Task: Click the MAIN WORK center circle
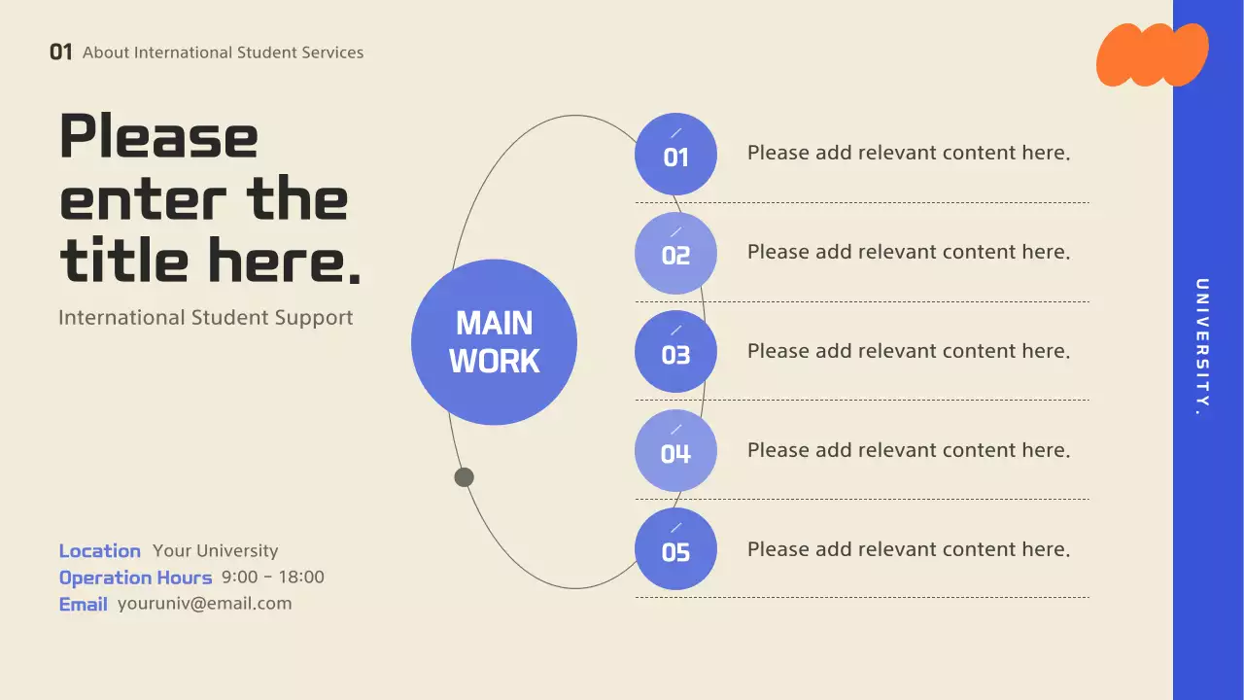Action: coord(494,342)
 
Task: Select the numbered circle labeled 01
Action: coord(675,154)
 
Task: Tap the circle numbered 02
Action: coord(675,253)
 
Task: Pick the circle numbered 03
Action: coord(675,352)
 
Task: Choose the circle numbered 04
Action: coord(675,451)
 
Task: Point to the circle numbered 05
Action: coord(675,549)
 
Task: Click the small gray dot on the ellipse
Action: coord(465,477)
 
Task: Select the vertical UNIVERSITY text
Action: coord(1202,347)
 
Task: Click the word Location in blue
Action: coord(100,551)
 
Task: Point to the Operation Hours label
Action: coord(135,577)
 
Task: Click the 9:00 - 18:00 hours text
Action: coord(273,577)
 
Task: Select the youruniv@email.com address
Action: coord(204,604)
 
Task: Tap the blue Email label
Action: coord(84,604)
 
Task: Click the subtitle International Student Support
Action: coord(206,318)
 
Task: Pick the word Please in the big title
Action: coord(159,137)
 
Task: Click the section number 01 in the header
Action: coord(61,52)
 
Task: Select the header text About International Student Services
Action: coord(224,52)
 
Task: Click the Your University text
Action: coord(215,551)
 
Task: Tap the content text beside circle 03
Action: coord(908,351)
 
